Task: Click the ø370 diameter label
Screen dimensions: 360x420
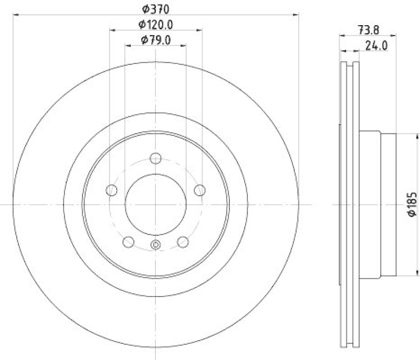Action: pyautogui.click(x=156, y=8)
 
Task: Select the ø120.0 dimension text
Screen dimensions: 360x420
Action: pyautogui.click(x=156, y=24)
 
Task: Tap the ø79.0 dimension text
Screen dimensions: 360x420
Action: pyautogui.click(x=156, y=40)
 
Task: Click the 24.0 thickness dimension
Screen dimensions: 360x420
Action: pyautogui.click(x=376, y=46)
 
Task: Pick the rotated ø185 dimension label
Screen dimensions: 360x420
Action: pyautogui.click(x=413, y=205)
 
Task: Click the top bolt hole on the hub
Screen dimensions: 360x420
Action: pyautogui.click(x=155, y=157)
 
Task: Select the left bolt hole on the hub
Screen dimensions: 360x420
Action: pyautogui.click(x=111, y=190)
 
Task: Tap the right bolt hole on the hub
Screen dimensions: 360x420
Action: pyautogui.click(x=199, y=190)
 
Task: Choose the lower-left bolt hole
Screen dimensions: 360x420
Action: pyautogui.click(x=128, y=242)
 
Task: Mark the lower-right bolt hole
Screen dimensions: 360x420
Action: pyautogui.click(x=183, y=242)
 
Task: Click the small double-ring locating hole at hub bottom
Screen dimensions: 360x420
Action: pyautogui.click(x=155, y=245)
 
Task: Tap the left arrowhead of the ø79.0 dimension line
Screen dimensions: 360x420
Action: pyautogui.click(x=128, y=46)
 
